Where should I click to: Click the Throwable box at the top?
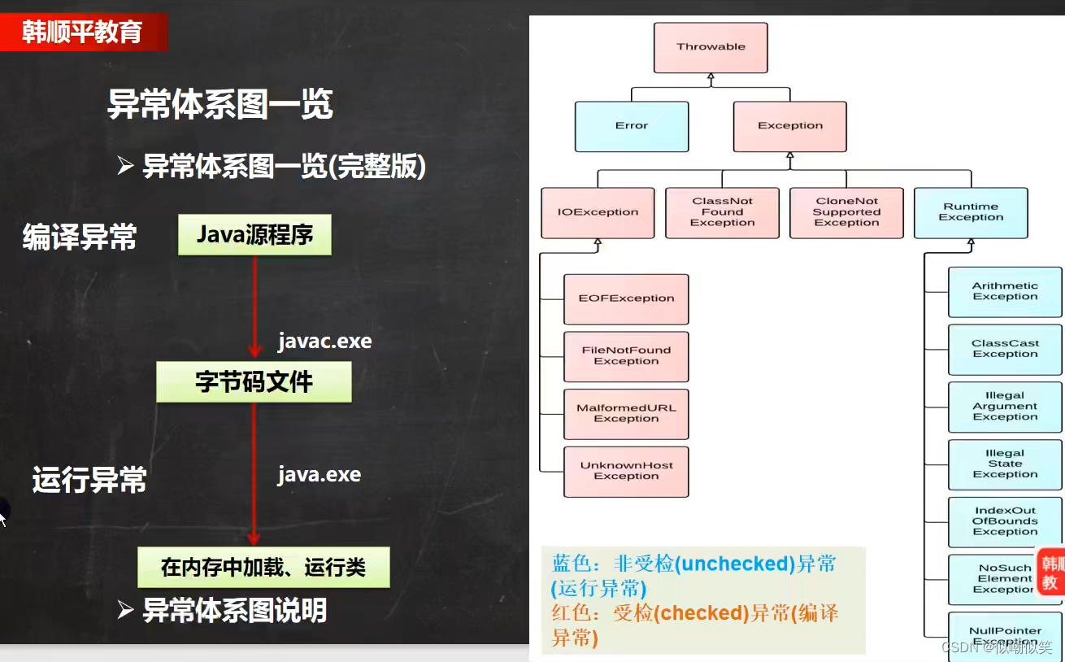coord(711,47)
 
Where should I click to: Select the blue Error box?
coord(632,126)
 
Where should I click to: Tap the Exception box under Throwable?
coord(790,126)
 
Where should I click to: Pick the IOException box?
coord(598,212)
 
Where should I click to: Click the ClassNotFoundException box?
coord(722,212)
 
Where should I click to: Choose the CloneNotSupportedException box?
coord(846,212)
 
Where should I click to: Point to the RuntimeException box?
coord(971,212)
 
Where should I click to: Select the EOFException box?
coord(626,298)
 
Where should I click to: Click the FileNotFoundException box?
coord(626,356)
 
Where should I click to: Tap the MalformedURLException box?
coord(626,414)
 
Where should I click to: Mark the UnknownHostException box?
coord(626,472)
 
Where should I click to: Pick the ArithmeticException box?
coord(1005,292)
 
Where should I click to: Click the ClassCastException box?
coord(1005,350)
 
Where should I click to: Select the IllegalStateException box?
coord(1005,464)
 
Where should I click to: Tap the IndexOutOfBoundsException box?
coord(1005,522)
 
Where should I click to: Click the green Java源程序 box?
coord(254,235)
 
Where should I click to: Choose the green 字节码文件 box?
coord(254,382)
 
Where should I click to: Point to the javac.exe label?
coord(324,341)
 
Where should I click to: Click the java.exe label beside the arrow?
coord(319,474)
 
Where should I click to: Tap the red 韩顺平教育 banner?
coord(83,32)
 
